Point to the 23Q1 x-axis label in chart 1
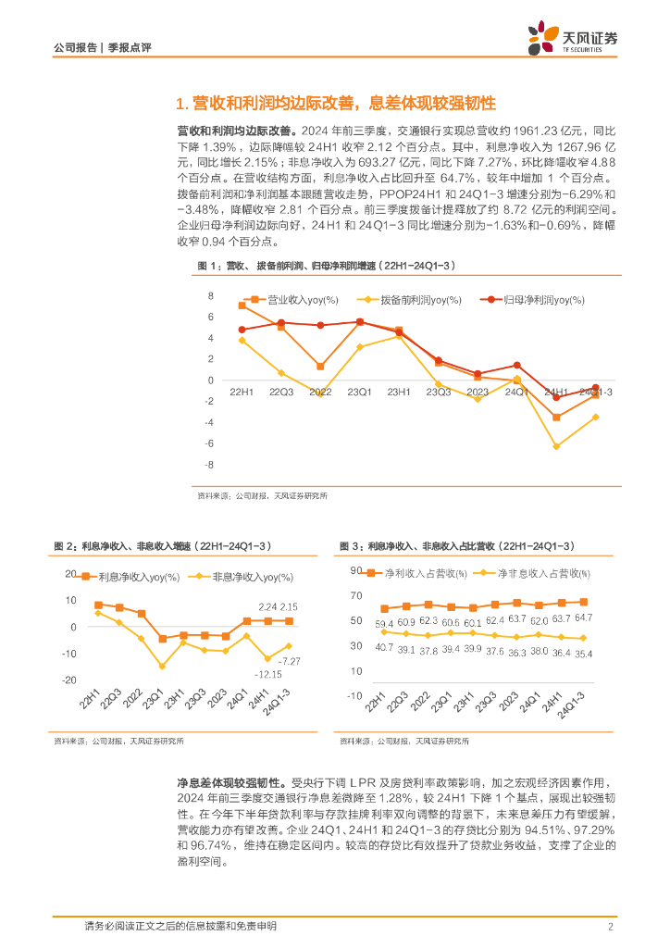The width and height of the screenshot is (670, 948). point(360,393)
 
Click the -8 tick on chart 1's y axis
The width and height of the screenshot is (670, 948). point(210,465)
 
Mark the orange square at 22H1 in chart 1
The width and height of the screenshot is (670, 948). point(242,306)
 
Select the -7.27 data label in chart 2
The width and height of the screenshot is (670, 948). point(289,660)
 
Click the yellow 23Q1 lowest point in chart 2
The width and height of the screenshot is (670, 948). point(162,666)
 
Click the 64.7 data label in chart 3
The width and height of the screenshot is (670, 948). point(583,617)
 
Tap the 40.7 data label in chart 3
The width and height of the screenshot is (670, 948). point(384,647)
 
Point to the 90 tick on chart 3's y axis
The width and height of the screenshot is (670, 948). point(355,570)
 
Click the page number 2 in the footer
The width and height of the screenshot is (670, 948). point(611,926)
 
